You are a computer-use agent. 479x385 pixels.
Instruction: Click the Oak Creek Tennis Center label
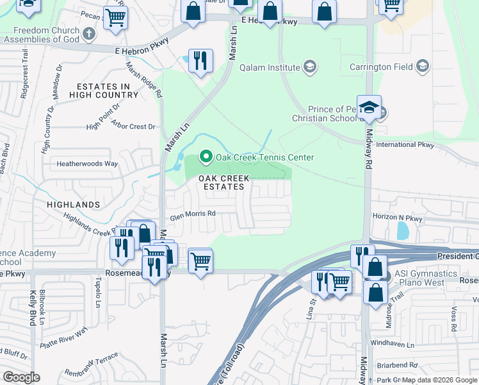(264, 157)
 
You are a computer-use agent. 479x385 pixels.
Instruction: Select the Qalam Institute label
(270, 67)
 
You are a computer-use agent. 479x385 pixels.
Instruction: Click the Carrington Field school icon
(423, 66)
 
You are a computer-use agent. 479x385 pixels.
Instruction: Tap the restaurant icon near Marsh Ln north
(200, 61)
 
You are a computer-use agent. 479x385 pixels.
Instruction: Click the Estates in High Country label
(107, 90)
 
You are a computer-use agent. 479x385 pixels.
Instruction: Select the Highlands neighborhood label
(73, 205)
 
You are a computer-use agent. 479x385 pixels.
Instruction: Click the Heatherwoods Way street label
(87, 164)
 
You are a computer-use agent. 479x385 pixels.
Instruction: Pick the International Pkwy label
(405, 145)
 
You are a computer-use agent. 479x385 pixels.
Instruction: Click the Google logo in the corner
(21, 377)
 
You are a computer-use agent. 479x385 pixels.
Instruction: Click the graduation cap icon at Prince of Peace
(369, 107)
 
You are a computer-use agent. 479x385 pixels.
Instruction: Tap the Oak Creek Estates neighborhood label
(221, 182)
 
